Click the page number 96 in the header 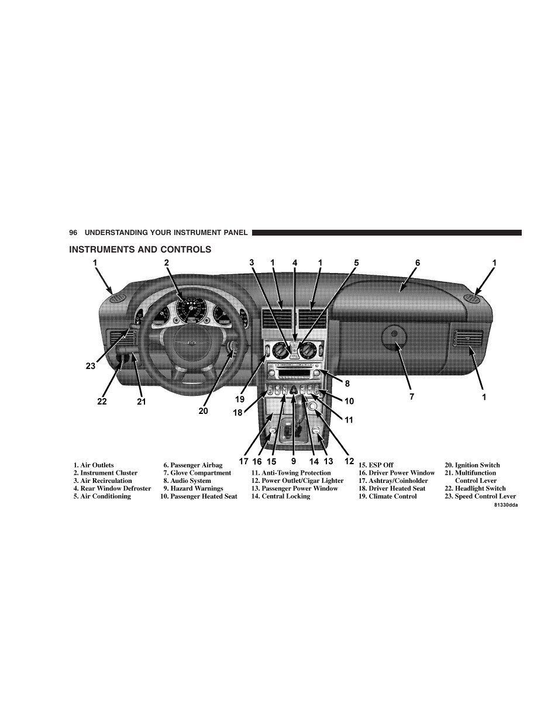73,233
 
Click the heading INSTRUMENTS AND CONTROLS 140,250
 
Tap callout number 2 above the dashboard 167,262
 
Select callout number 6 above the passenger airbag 418,262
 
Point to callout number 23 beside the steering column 91,366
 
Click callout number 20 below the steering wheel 204,411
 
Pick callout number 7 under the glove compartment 412,397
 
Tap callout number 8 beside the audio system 347,384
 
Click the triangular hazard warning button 294,389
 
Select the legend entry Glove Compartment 197,473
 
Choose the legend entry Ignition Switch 472,465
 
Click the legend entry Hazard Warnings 193,488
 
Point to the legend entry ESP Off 376,465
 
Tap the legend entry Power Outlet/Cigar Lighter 298,481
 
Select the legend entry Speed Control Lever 480,496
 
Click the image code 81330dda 505,505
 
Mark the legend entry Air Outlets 94,465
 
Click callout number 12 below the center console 349,461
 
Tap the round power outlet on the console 312,406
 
